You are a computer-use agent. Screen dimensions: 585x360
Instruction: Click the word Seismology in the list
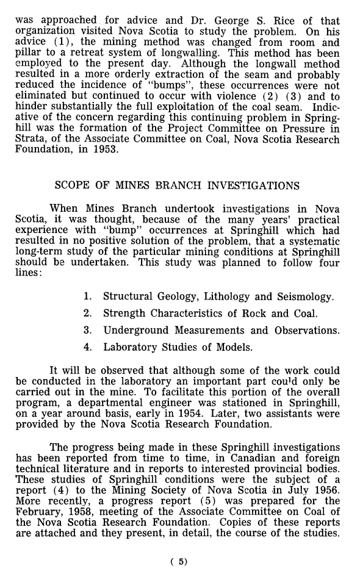(x=304, y=297)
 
